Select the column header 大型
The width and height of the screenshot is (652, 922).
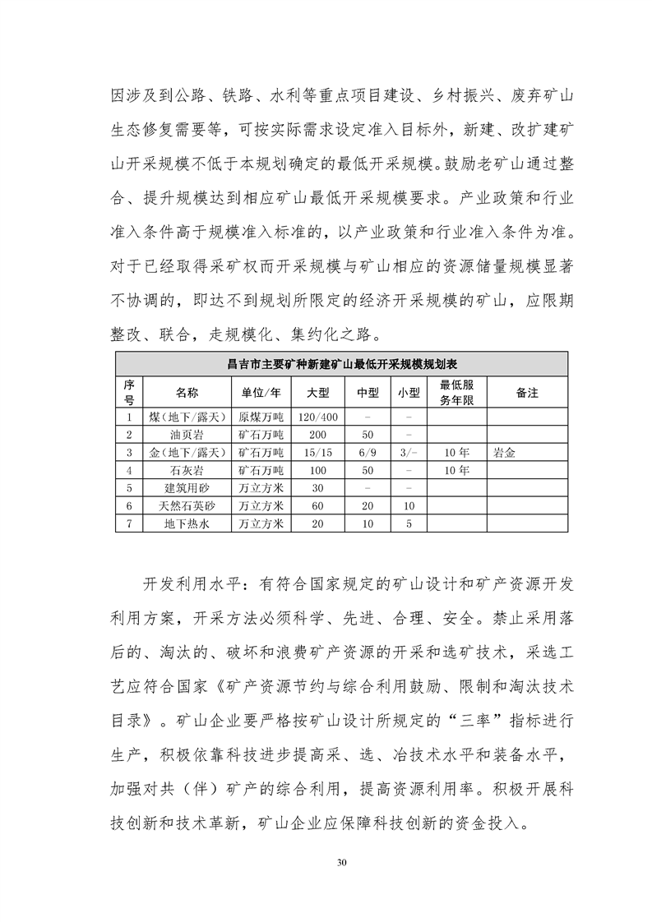click(x=317, y=392)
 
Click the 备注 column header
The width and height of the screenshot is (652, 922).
click(x=527, y=392)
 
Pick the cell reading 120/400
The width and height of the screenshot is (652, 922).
click(x=317, y=417)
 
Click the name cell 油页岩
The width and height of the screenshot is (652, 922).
click(x=187, y=435)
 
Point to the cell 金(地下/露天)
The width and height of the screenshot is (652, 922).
click(x=187, y=453)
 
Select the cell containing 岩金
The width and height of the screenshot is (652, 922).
click(x=505, y=453)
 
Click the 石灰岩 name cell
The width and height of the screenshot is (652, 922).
click(x=187, y=471)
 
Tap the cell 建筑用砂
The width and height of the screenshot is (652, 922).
click(x=187, y=488)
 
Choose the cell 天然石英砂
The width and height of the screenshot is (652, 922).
click(x=187, y=506)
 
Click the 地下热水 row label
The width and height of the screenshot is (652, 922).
click(x=187, y=524)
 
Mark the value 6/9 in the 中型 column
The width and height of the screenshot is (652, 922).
click(x=368, y=453)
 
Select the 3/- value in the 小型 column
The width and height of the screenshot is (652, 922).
click(x=409, y=453)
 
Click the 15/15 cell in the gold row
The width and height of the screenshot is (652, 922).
click(x=317, y=453)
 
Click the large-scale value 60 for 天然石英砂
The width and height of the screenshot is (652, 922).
click(x=317, y=506)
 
